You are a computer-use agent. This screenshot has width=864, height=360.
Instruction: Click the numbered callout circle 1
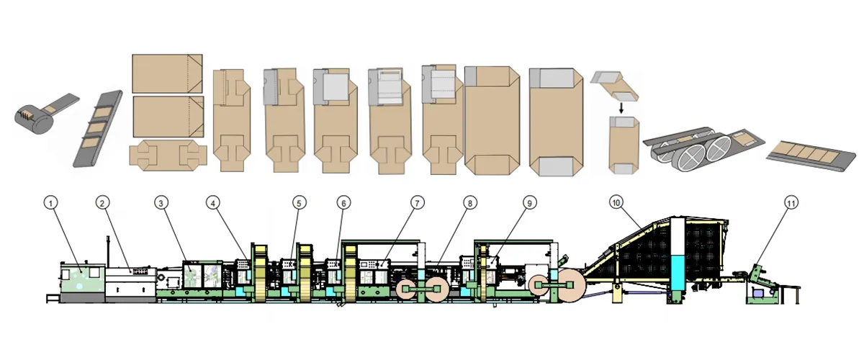pos(50,203)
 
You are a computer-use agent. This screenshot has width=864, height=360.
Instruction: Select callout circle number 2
pos(103,203)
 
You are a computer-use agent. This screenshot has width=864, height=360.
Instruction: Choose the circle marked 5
pos(299,203)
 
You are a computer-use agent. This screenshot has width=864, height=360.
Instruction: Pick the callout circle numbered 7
pos(417,203)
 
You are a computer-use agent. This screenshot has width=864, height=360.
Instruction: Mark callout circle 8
pos(469,203)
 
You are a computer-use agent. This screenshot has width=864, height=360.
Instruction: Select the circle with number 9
pos(529,203)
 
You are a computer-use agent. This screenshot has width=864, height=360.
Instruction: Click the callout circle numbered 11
pos(791,203)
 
